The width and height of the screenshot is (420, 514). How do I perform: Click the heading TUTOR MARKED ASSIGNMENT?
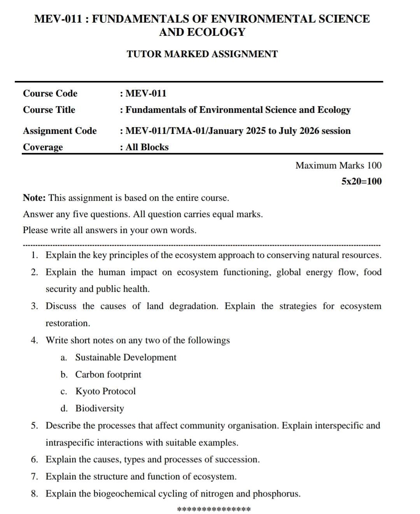[x=202, y=54]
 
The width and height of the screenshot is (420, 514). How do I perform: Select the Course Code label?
[x=50, y=93]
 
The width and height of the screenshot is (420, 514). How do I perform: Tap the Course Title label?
[x=49, y=110]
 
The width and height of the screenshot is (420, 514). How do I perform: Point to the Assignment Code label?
[x=59, y=131]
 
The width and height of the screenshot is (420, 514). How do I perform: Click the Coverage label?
[x=43, y=147]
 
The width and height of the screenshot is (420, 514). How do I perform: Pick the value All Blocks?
[x=147, y=147]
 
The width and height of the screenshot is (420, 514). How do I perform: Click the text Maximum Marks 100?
[x=338, y=165]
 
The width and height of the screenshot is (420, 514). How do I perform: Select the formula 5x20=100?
[x=361, y=181]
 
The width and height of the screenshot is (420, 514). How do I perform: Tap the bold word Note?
[x=34, y=198]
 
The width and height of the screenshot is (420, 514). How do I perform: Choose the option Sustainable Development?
[x=126, y=357]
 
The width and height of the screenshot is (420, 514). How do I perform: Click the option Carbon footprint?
[x=108, y=374]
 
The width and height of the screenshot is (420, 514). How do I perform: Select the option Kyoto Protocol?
[x=105, y=391]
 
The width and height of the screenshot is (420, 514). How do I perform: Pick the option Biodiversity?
[x=100, y=408]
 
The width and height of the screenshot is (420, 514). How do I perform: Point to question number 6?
[x=35, y=460]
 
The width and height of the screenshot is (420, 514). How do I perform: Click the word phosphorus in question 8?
[x=276, y=494]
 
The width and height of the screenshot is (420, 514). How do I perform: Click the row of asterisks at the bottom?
[x=213, y=509]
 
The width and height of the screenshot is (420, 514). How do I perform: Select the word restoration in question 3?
[x=67, y=323]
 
